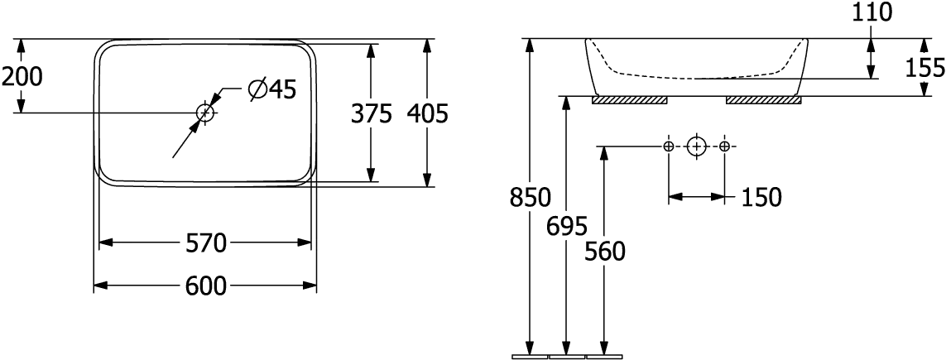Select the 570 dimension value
click(206, 243)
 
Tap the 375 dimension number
click(370, 114)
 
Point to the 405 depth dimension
click(427, 114)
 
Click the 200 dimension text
click(22, 77)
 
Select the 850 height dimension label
click(530, 198)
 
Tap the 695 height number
click(567, 225)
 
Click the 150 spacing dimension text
click(760, 197)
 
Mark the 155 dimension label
click(925, 65)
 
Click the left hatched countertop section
click(630, 100)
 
